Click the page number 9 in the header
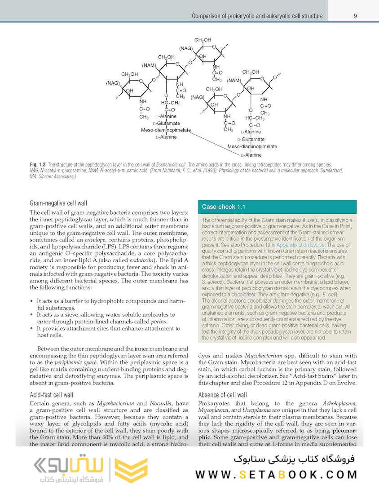pyautogui.click(x=355, y=16)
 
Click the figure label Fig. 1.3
pyautogui.click(x=37, y=165)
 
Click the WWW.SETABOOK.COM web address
pyautogui.click(x=276, y=474)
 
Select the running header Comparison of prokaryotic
pyautogui.click(x=257, y=16)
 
